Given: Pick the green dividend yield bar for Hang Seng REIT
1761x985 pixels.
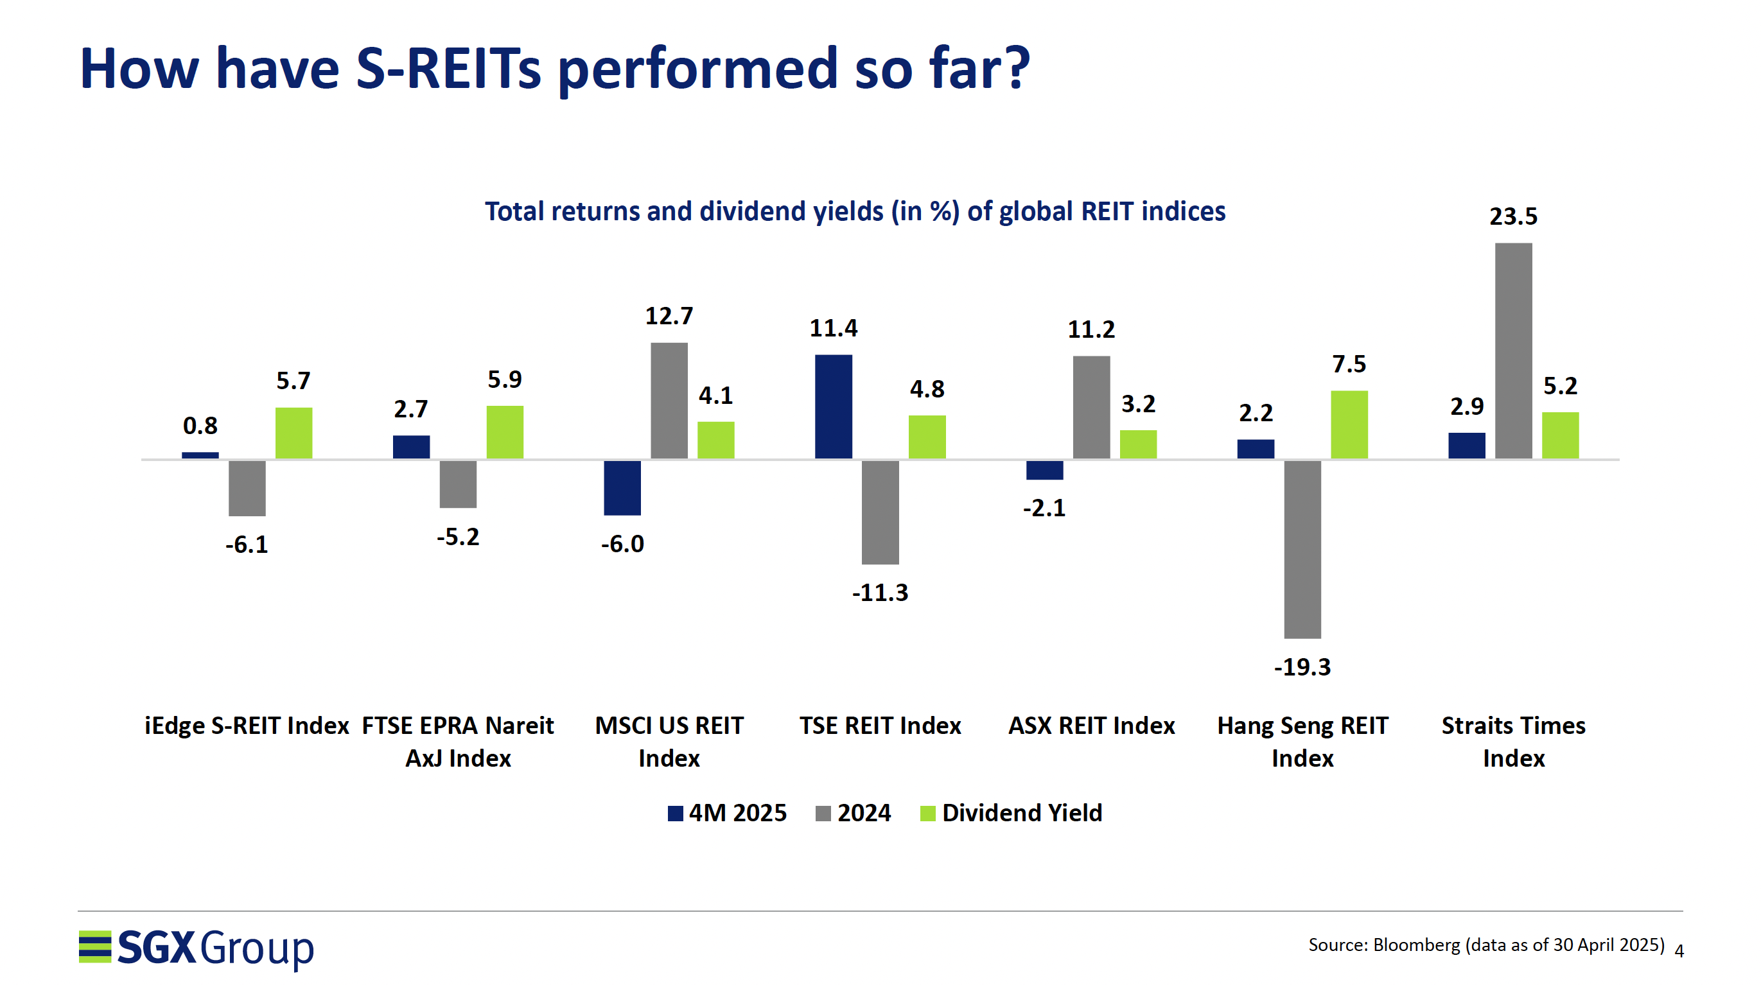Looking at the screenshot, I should point(1349,424).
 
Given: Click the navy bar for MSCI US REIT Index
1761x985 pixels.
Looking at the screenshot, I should point(622,487).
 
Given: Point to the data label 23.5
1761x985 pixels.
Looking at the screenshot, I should point(1513,216).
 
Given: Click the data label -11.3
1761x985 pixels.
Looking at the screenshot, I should point(880,592).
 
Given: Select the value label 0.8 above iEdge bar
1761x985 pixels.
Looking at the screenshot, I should point(200,426).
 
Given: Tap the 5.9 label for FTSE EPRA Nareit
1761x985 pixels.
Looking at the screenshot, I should point(505,379).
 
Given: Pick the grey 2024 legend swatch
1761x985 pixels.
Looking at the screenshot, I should point(823,814).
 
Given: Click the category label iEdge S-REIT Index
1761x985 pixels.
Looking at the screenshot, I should point(246,725).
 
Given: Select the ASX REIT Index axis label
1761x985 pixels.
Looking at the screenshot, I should point(1091,725).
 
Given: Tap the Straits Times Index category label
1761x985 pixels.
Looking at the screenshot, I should point(1513,741).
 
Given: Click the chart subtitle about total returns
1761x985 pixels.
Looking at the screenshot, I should point(855,211).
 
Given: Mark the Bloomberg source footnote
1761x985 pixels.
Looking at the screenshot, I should point(1485,945).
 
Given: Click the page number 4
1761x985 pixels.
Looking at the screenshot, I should point(1678,951).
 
